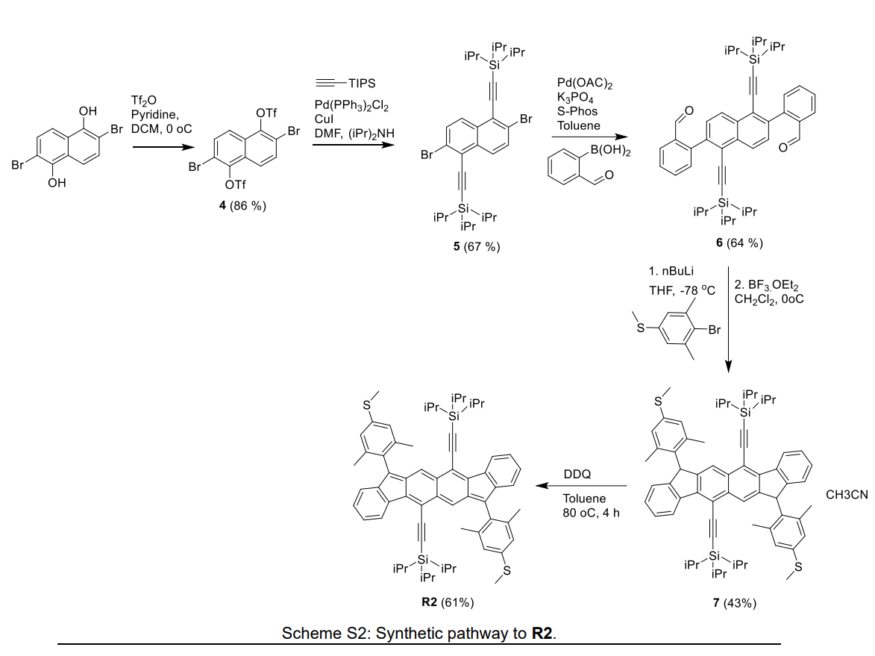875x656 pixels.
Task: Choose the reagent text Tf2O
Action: click(143, 100)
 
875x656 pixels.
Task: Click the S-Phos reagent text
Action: click(577, 112)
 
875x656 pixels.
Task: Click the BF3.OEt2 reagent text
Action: click(767, 284)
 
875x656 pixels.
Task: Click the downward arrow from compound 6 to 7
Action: click(728, 313)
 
